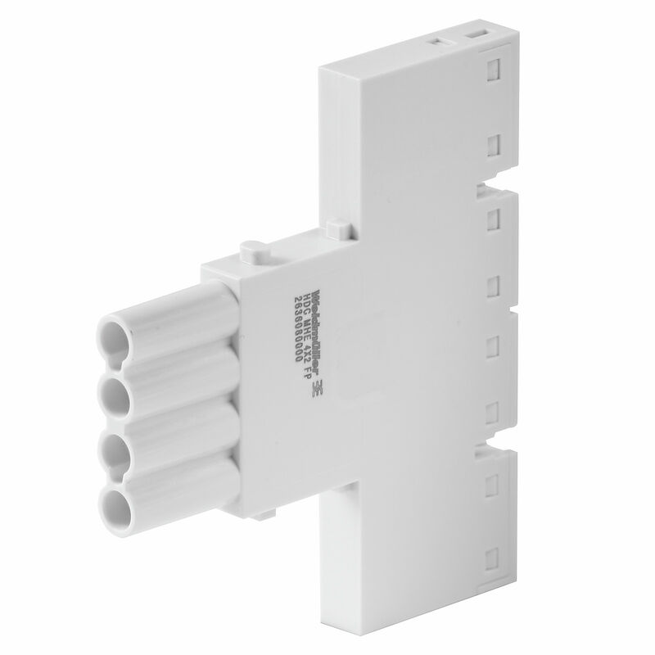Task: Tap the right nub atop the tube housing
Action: [x=332, y=224]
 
